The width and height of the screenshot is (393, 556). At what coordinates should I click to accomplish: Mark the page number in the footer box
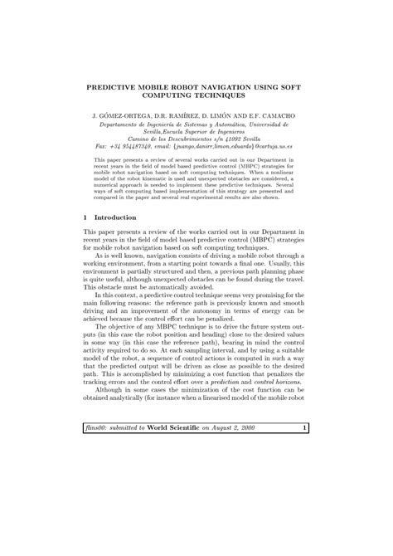(x=305, y=522)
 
